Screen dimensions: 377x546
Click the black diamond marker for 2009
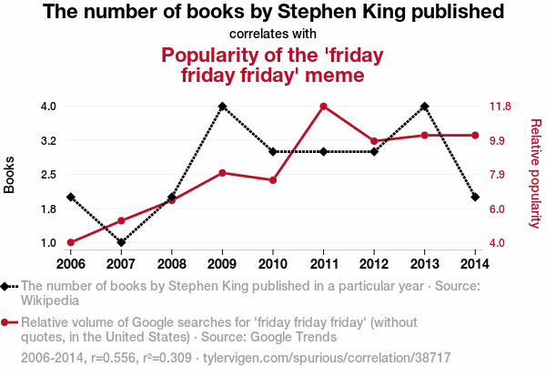222,107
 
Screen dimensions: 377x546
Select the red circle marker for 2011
323,107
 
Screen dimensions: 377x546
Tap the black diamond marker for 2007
121,243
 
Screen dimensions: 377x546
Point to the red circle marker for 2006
70,243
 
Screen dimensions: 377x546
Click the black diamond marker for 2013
425,107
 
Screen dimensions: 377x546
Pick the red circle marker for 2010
273,180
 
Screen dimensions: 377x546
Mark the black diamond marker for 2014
475,197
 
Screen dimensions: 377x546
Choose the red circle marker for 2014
475,136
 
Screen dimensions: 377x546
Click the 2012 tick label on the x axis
374,263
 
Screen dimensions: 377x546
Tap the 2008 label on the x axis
172,263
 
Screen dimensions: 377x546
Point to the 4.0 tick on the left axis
48,107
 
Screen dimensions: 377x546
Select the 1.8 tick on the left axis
48,209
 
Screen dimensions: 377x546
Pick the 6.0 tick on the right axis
499,209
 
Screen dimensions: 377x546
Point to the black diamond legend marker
5,286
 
